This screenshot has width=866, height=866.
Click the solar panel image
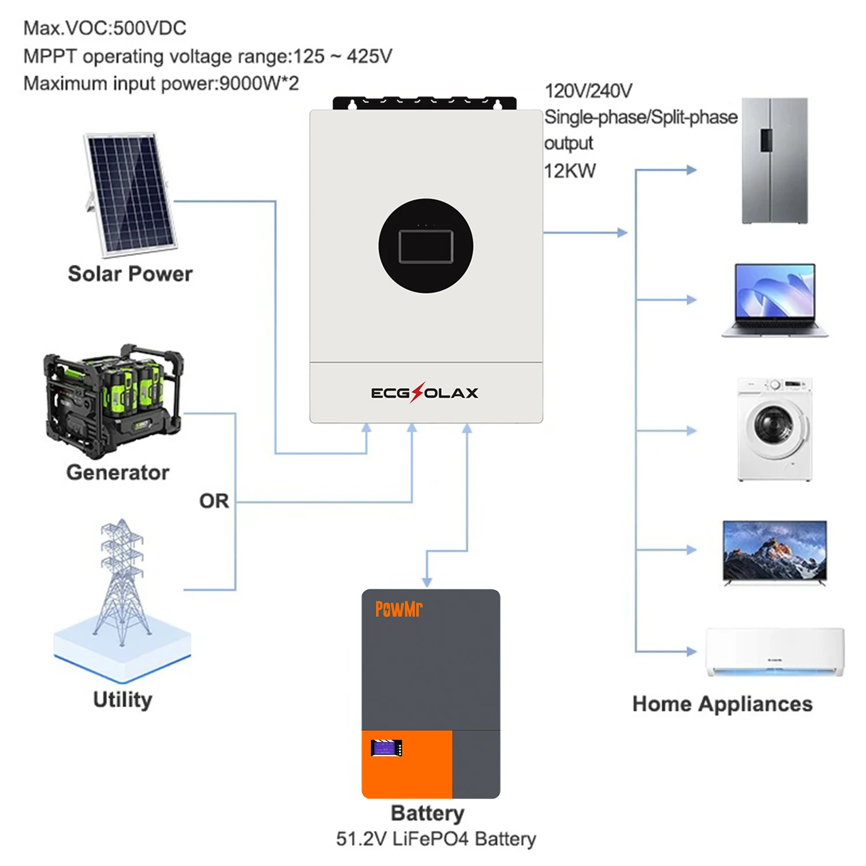click(x=130, y=193)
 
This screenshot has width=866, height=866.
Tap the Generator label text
click(x=118, y=472)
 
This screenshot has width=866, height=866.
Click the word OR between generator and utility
click(x=214, y=501)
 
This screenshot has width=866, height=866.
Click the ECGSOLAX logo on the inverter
click(x=424, y=393)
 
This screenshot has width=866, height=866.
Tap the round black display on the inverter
click(x=425, y=246)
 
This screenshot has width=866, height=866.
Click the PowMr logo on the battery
click(x=398, y=609)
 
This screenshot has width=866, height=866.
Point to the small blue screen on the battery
click(x=386, y=748)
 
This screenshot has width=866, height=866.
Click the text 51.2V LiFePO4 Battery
click(x=436, y=838)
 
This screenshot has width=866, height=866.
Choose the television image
click(x=775, y=552)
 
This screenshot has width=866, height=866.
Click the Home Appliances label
click(x=722, y=704)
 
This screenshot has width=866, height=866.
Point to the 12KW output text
click(x=570, y=171)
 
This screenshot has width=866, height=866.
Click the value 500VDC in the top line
click(x=150, y=28)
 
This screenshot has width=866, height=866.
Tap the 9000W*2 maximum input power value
click(x=259, y=84)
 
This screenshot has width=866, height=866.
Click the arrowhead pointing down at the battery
click(x=427, y=581)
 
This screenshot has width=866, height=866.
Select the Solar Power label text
click(x=130, y=274)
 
